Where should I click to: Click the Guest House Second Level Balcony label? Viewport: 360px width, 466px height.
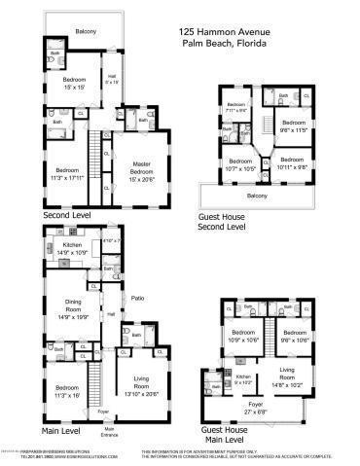[257, 195]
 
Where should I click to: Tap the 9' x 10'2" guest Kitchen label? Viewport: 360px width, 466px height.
[242, 378]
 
